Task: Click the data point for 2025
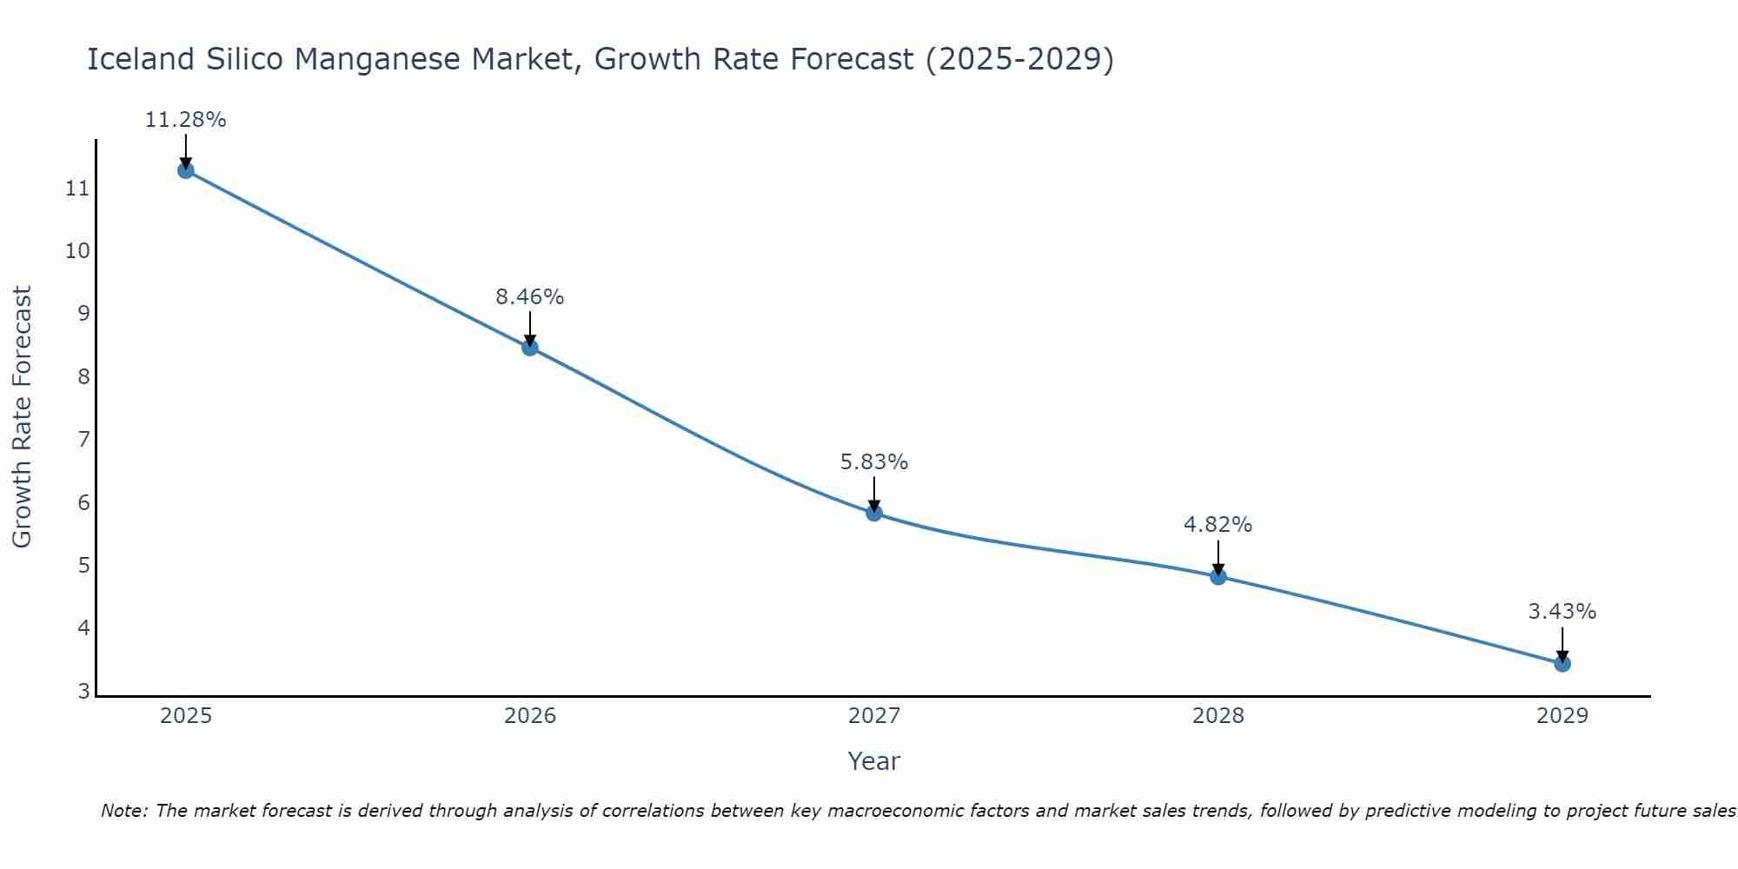tap(186, 170)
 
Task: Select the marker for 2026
tap(530, 348)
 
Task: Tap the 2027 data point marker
tap(874, 513)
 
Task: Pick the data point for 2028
tap(1218, 576)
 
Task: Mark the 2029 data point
tap(1562, 664)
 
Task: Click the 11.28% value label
tap(186, 120)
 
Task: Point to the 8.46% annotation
tap(530, 297)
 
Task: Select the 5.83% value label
tap(874, 462)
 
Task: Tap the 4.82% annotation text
tap(1218, 525)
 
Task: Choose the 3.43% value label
tap(1562, 612)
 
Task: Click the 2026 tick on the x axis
tap(530, 716)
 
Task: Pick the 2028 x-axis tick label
tap(1218, 716)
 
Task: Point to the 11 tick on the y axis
tap(77, 189)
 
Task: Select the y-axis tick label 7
tap(83, 440)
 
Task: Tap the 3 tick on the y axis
tap(83, 692)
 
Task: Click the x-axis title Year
tap(874, 761)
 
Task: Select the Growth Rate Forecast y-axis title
tap(23, 417)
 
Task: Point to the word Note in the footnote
tap(123, 812)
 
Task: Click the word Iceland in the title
tap(141, 60)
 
